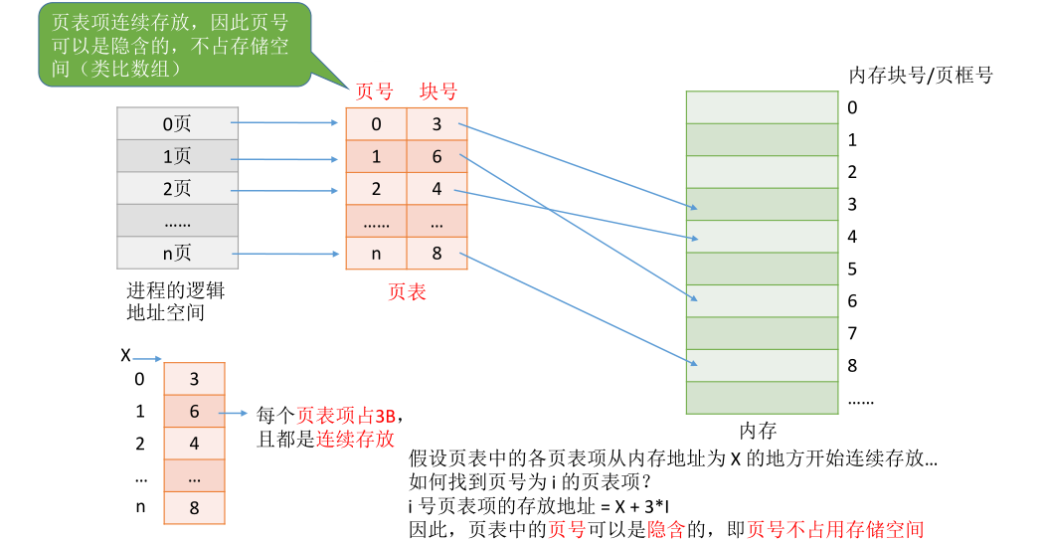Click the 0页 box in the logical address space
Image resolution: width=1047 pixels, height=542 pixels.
177,123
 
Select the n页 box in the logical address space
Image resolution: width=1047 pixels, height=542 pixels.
177,253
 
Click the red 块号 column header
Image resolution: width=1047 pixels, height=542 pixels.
437,91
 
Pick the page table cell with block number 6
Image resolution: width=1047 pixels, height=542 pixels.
437,156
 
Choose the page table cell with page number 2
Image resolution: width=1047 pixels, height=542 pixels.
376,189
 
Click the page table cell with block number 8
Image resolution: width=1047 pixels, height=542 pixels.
437,253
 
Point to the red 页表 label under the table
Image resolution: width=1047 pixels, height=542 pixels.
406,292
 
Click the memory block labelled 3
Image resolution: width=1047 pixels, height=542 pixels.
761,204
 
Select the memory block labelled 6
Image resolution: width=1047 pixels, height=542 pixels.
761,300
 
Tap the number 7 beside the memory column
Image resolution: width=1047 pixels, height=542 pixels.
852,333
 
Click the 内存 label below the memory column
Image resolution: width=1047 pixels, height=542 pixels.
758,431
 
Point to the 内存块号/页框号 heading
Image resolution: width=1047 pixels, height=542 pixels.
920,76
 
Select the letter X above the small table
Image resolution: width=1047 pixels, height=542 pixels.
125,355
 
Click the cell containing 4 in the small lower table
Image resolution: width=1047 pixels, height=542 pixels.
194,444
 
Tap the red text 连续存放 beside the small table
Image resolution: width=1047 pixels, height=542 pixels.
355,439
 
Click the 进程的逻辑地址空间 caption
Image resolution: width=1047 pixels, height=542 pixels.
175,301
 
